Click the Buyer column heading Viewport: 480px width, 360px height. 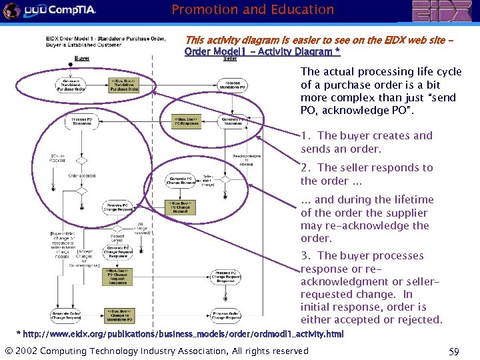pos(82,59)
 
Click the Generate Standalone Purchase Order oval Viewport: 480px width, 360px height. pos(69,85)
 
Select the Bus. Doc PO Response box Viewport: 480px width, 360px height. pos(186,121)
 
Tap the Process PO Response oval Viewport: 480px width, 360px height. pos(82,121)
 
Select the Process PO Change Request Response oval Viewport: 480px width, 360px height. pos(226,277)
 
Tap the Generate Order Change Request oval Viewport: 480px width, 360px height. pos(65,315)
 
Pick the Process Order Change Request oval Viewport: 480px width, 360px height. pos(226,315)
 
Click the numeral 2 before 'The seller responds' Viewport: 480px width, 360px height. pos(304,168)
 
